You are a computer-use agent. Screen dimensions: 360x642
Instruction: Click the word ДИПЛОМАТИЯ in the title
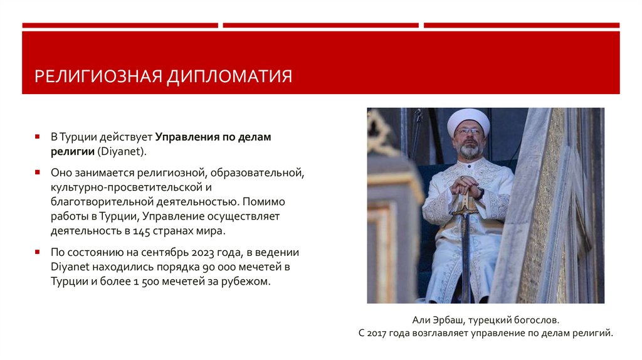tap(229, 77)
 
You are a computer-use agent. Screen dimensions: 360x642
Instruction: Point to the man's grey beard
tap(469, 150)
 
